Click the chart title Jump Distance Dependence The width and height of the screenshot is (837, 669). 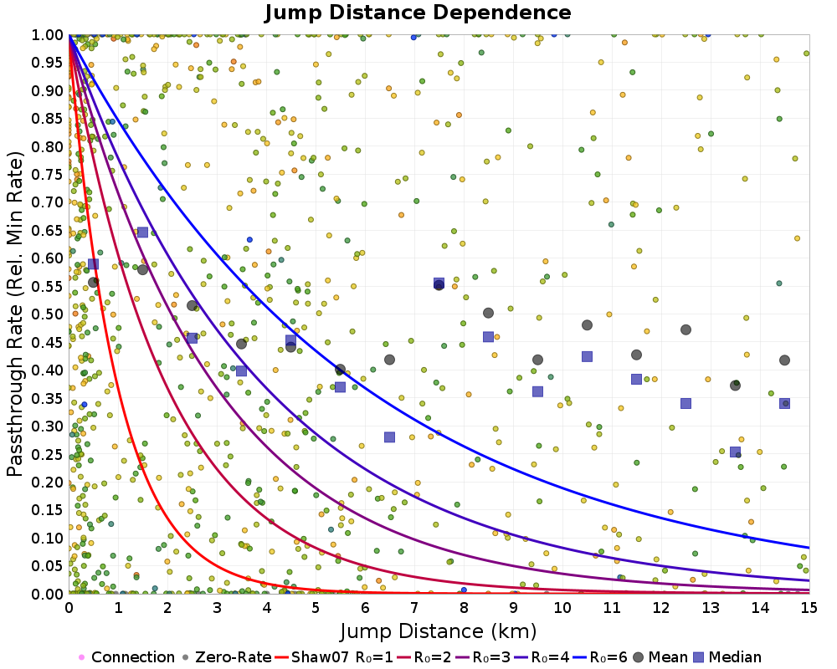pos(418,13)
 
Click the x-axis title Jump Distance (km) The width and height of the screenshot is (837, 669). pos(439,631)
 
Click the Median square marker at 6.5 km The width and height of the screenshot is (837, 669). pos(389,437)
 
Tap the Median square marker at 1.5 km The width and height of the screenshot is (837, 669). pos(142,232)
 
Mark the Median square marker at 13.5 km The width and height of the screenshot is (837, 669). pos(735,452)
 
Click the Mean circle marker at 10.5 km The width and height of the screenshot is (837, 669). pos(587,325)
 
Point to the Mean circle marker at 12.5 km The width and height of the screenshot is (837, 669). pos(686,329)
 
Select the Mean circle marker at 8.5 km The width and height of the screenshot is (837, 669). pos(488,313)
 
